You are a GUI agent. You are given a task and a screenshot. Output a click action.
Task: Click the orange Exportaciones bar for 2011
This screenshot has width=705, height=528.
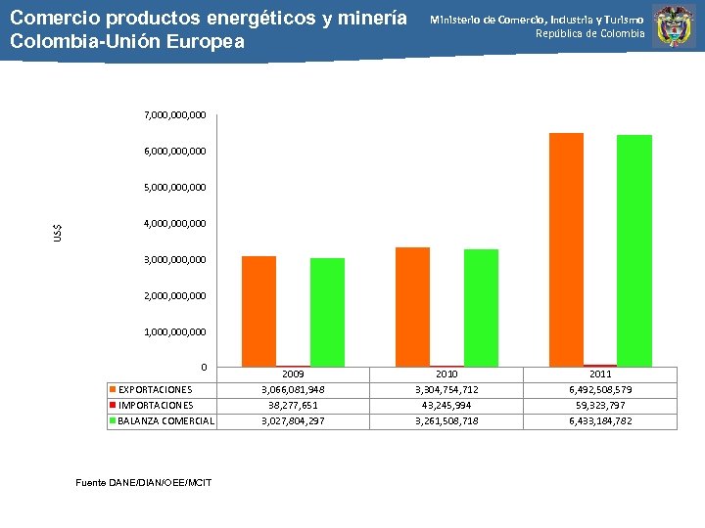tap(566, 249)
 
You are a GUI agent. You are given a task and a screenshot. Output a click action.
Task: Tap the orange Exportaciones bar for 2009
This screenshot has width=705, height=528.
tap(258, 311)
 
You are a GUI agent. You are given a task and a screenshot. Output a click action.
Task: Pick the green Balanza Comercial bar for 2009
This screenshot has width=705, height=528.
tap(327, 312)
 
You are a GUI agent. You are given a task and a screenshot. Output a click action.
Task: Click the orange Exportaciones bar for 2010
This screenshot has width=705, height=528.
tap(412, 306)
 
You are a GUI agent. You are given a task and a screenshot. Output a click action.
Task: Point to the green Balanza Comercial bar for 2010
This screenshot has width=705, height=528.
tap(481, 307)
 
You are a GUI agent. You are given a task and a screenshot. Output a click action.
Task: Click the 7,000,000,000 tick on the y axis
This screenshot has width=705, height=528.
tap(174, 115)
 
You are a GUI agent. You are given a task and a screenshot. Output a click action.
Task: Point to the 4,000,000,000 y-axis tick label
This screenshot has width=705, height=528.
tap(174, 224)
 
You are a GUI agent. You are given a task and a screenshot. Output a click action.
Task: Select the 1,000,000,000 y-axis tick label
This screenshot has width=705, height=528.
tap(174, 331)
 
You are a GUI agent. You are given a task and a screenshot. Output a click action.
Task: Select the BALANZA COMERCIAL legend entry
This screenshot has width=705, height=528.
tap(164, 421)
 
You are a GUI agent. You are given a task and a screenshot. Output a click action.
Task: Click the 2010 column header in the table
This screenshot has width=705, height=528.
tap(446, 374)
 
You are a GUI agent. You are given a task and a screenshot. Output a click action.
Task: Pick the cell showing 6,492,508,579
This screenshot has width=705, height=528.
tap(600, 389)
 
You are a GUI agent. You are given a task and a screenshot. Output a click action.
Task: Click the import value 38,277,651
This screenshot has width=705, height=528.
tap(293, 405)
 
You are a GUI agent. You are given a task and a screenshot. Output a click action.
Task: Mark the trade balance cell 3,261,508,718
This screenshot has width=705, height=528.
tap(446, 421)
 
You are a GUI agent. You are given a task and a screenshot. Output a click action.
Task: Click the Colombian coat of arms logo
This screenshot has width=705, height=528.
tap(674, 26)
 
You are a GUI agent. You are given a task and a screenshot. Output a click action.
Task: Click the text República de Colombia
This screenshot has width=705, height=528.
tap(589, 34)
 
